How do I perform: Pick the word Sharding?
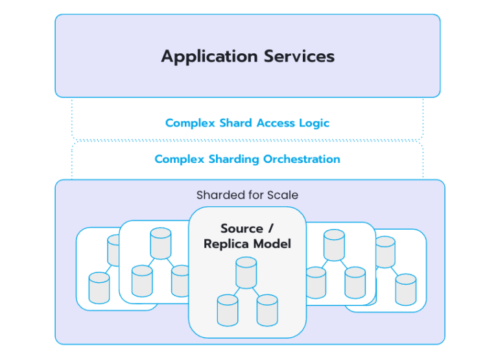click(x=235, y=159)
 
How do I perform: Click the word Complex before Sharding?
click(x=178, y=159)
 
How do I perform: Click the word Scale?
click(x=284, y=195)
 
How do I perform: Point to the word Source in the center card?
click(x=241, y=229)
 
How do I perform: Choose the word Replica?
click(x=226, y=245)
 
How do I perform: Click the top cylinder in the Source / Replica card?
click(x=246, y=272)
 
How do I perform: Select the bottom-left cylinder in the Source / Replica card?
click(x=227, y=310)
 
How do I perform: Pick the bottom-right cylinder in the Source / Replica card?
click(x=267, y=310)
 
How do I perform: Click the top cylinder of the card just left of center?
click(x=160, y=243)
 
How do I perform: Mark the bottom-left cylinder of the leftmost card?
click(x=99, y=288)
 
